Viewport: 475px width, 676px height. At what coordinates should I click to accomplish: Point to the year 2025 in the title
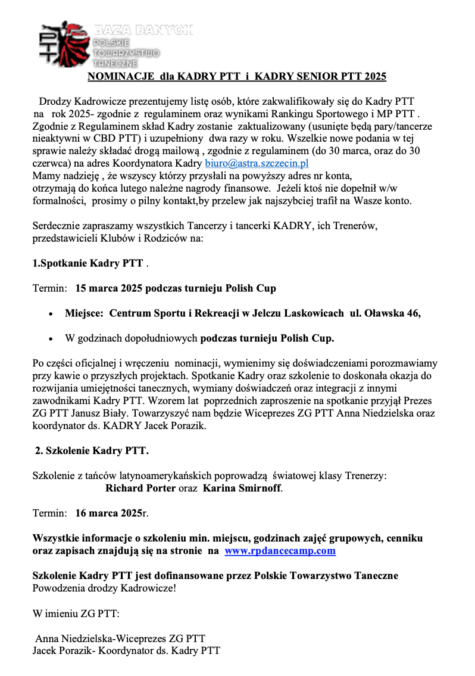374,77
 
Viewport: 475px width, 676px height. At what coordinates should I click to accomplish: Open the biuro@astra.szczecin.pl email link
257,163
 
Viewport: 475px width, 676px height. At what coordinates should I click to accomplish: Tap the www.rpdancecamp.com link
280,551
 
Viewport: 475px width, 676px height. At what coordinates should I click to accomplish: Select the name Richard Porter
140,489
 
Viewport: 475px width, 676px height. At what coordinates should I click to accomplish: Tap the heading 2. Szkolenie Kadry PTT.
92,450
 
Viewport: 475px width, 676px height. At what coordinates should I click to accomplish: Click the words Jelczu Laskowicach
301,314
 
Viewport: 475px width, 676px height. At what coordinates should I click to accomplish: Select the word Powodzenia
58,589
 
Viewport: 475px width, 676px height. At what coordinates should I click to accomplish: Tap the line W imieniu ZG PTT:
76,614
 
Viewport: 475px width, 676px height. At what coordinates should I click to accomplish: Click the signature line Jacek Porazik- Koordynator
126,651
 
